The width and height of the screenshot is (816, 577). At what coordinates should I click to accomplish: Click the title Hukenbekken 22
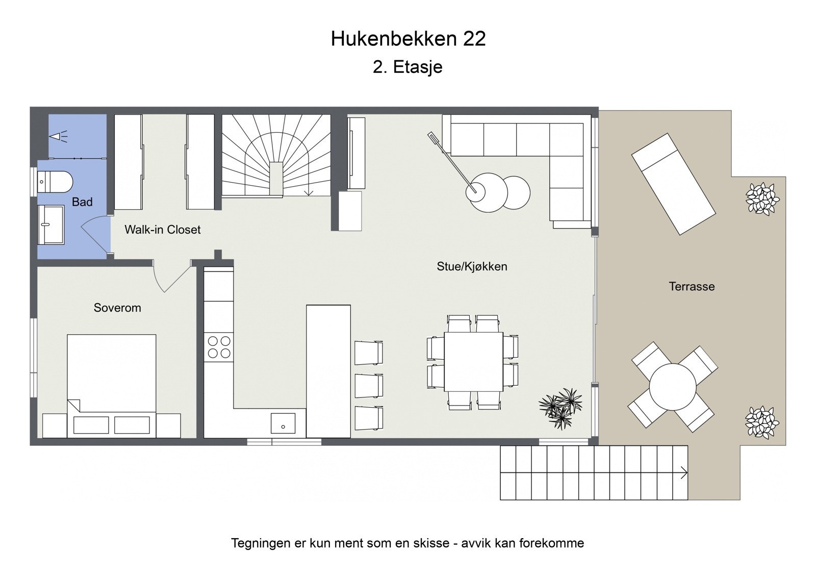click(408, 39)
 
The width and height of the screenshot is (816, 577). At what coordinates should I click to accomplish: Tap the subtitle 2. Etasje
click(407, 67)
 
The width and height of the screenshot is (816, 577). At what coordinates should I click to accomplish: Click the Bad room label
click(82, 202)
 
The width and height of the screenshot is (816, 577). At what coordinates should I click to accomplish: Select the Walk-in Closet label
click(162, 230)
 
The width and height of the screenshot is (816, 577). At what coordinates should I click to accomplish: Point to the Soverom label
click(117, 308)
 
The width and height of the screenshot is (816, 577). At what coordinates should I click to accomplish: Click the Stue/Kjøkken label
click(472, 266)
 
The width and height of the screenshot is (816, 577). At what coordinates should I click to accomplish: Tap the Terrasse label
click(692, 287)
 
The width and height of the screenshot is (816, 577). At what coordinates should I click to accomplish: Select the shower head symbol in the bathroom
click(57, 136)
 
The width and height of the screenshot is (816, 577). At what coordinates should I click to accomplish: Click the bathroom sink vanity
click(50, 224)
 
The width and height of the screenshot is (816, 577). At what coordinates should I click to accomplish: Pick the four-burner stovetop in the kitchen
click(219, 347)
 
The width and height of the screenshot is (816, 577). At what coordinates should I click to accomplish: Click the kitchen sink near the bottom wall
click(283, 423)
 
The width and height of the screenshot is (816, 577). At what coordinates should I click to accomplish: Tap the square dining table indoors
click(473, 362)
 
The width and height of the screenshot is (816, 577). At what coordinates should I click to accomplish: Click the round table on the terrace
click(673, 387)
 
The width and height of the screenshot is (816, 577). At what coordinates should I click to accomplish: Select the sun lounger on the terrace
click(673, 184)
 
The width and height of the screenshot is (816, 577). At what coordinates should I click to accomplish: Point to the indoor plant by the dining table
click(561, 407)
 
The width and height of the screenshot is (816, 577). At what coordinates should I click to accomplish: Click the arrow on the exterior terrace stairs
click(683, 473)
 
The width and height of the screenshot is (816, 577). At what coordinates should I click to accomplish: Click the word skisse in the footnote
click(433, 543)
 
